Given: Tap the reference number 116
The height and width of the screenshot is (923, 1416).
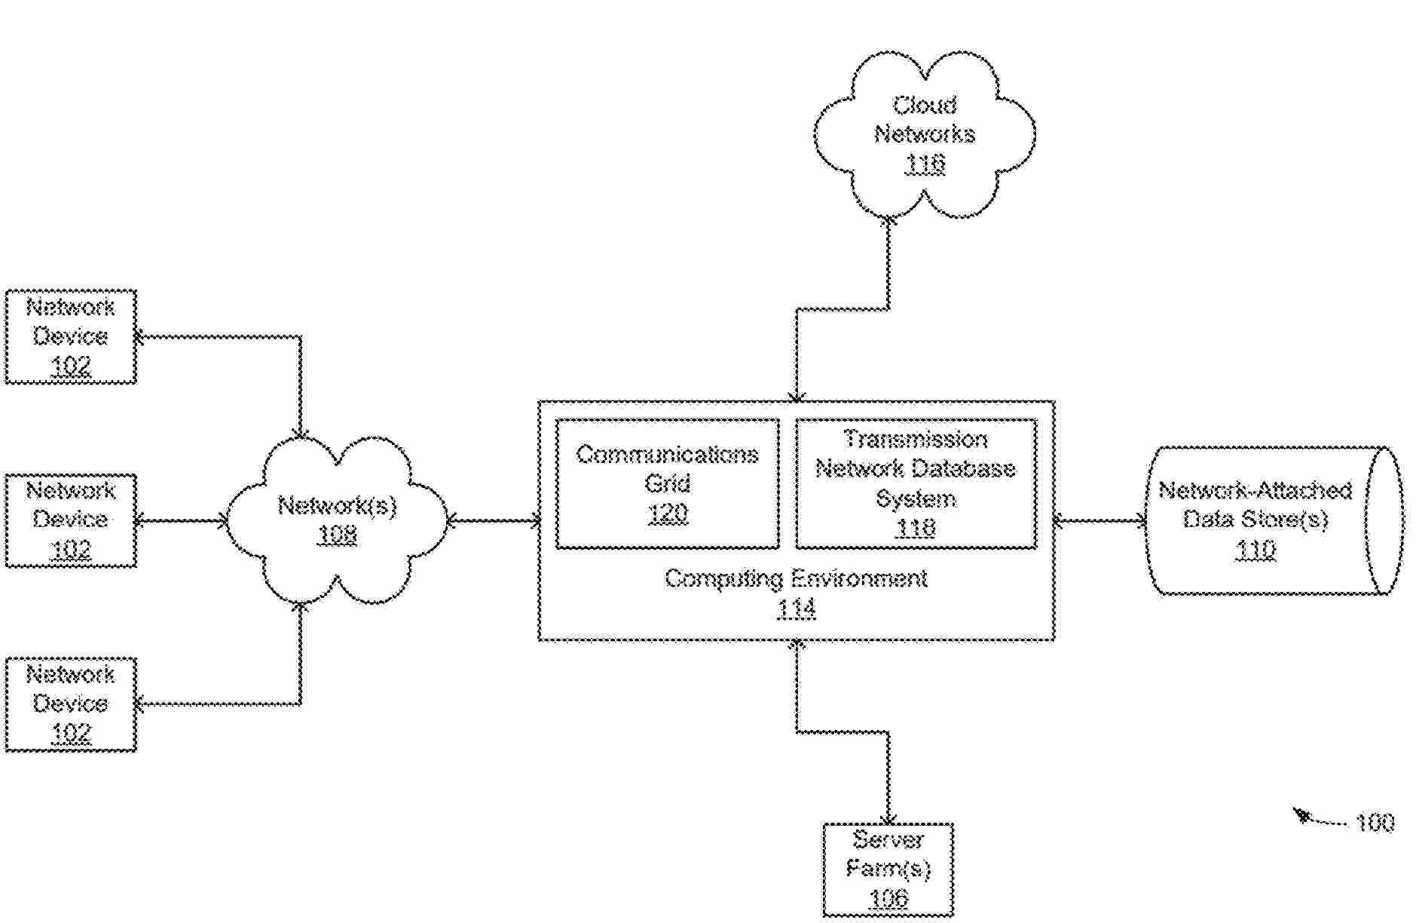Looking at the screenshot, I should pos(925,164).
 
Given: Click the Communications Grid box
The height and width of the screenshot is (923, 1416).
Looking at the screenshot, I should pos(667,483).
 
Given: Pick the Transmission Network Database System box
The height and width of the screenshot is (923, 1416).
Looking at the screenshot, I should pos(916,483).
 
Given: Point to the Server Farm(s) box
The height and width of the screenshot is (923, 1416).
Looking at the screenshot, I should pos(888,869).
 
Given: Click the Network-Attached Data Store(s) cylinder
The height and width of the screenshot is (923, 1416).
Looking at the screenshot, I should pos(1274,520).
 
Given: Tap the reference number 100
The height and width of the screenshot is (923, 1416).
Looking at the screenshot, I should pos(1375,822).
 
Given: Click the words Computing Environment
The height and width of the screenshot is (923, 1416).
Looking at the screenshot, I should pos(796,579).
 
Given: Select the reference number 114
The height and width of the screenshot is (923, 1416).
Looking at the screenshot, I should pos(796,609).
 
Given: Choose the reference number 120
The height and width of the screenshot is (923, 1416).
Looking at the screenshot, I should pos(668,514).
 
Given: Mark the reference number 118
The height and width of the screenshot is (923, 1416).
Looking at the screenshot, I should pos(916,528).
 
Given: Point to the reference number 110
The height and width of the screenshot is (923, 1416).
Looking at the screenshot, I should pos(1255,550).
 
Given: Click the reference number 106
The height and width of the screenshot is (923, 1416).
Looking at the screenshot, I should pos(889,898).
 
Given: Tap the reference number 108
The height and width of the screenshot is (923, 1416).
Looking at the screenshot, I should pos(337,535).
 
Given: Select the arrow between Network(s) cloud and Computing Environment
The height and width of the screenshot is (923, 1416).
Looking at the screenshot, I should pos(494,520).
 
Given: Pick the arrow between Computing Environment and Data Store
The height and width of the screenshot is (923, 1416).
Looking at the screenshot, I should pos(1099,520).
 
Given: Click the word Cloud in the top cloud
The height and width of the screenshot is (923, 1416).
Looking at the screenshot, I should pos(925,105).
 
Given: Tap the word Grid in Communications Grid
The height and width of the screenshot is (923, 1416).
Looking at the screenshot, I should pos(668,483).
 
